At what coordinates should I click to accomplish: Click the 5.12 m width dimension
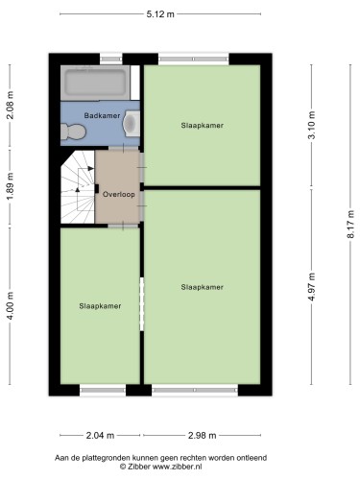pos(160,14)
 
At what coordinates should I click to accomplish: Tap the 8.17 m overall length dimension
pos(350,224)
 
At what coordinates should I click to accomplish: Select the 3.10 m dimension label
pos(311,125)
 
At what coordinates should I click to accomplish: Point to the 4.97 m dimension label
pos(311,287)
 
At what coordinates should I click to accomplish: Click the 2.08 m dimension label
pos(11,105)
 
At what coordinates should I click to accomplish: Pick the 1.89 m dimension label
pos(11,186)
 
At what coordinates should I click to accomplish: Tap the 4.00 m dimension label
pos(11,306)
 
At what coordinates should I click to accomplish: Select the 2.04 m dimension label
pos(100,436)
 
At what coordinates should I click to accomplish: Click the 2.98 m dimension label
pos(202,436)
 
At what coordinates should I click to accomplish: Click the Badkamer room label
pos(102,115)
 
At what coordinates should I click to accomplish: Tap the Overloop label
pos(119,194)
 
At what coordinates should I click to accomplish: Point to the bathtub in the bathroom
pos(95,83)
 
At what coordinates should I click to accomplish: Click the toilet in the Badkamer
pos(73,132)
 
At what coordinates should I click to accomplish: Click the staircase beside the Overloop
pos(78,187)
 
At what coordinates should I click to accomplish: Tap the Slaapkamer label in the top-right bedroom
pos(203,126)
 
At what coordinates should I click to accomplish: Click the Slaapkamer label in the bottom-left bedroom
pos(100,306)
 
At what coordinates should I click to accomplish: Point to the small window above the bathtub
pos(111,60)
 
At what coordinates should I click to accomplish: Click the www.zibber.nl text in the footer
pos(177,467)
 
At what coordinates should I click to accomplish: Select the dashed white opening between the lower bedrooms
pos(142,304)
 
